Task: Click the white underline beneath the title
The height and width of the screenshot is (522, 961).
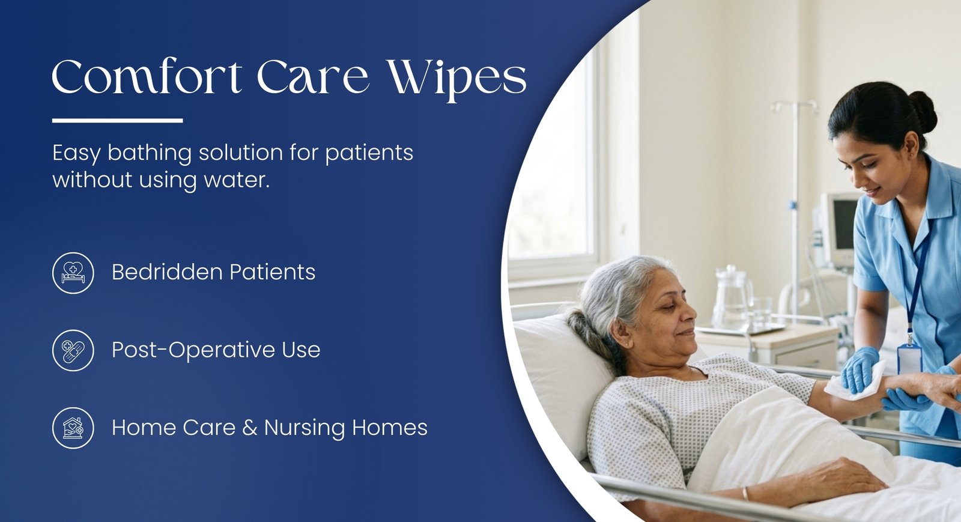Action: (x=118, y=121)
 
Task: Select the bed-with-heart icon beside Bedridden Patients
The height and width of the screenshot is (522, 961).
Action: (x=73, y=273)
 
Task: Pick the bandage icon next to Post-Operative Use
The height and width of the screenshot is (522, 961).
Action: (x=73, y=350)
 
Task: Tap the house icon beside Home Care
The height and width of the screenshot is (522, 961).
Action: (x=73, y=428)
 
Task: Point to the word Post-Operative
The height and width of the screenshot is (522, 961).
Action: (x=193, y=350)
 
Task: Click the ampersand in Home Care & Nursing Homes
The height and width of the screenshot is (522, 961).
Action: (x=250, y=428)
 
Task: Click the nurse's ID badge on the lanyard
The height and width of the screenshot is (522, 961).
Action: (x=909, y=358)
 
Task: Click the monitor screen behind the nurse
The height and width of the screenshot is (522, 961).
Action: (x=844, y=226)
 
